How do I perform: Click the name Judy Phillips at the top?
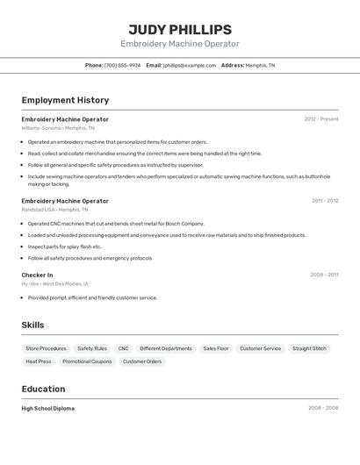point(180,29)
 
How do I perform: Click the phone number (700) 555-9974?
point(122,65)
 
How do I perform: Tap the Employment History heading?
point(65,100)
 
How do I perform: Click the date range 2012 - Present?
point(321,119)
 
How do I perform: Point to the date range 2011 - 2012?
point(325,201)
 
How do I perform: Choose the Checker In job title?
point(37,275)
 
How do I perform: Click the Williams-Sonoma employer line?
point(58,128)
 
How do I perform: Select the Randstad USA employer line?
point(54,210)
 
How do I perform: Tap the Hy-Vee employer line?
point(54,283)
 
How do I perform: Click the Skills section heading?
point(32,325)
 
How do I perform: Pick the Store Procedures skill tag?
point(46,348)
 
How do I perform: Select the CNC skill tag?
point(123,348)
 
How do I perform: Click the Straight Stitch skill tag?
point(309,348)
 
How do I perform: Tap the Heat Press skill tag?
point(39,361)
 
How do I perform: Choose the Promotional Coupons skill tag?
point(87,361)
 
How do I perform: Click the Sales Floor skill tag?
point(216,348)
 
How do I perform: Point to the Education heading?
point(43,389)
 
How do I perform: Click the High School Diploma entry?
point(47,408)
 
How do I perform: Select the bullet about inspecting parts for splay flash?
point(65,247)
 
